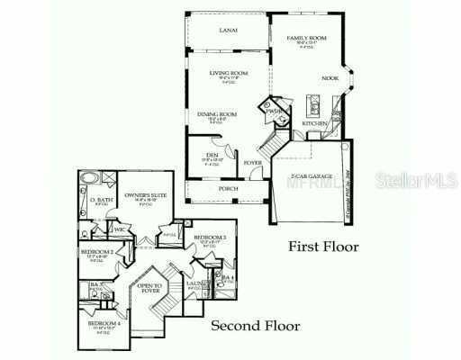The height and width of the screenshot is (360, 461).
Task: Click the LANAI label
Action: tap(228, 30)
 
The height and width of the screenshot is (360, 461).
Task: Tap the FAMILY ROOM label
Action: tap(307, 39)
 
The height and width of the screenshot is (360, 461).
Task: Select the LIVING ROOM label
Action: tap(228, 74)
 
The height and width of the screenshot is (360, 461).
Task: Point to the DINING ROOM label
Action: tap(216, 113)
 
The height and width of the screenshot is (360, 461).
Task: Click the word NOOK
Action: tap(331, 77)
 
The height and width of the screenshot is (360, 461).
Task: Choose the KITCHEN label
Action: tap(314, 122)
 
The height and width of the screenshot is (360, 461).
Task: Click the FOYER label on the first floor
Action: tap(253, 163)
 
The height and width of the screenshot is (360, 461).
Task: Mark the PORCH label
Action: tap(227, 189)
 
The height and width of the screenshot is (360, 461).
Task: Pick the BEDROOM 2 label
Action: tap(96, 252)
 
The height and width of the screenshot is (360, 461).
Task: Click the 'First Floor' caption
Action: tap(323, 246)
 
